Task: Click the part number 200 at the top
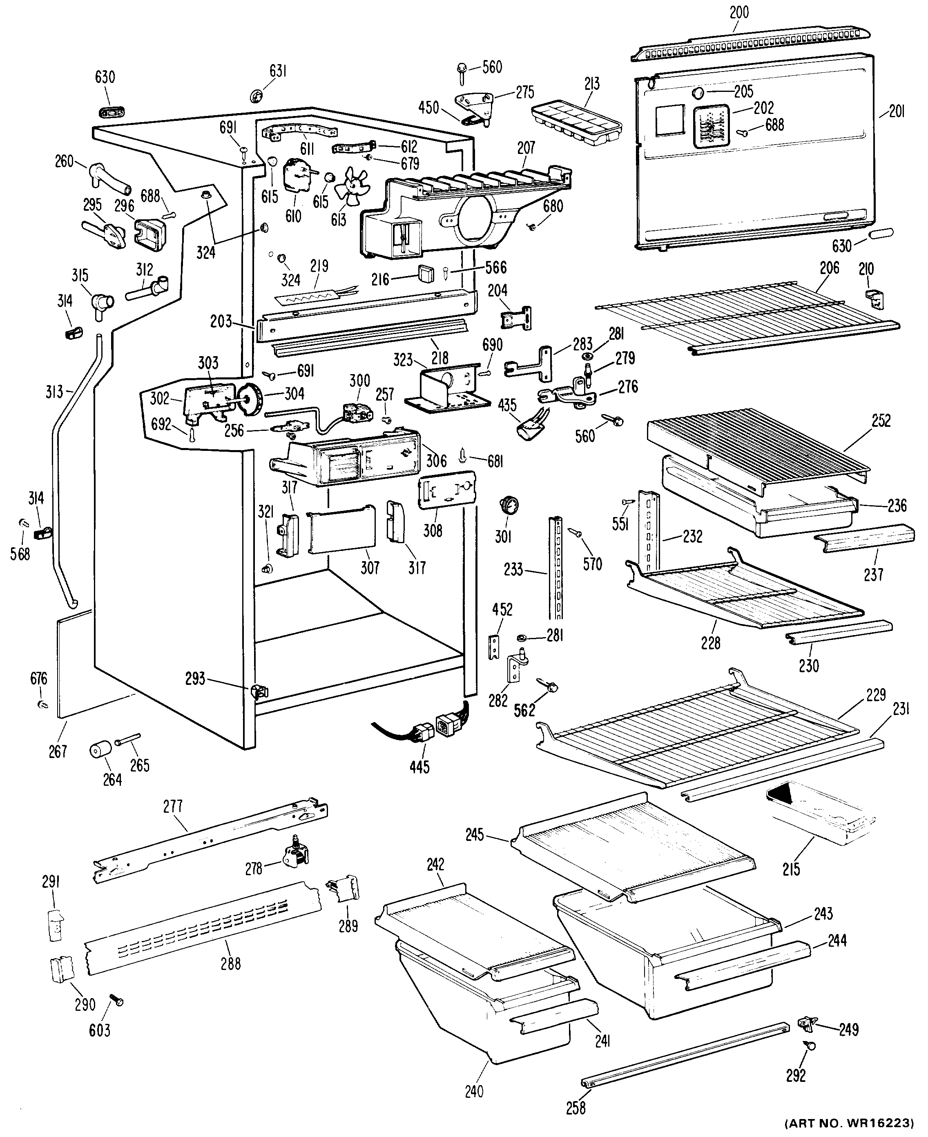(x=739, y=12)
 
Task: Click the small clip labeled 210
(x=874, y=299)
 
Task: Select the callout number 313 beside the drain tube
(x=54, y=391)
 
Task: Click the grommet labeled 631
(x=258, y=96)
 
